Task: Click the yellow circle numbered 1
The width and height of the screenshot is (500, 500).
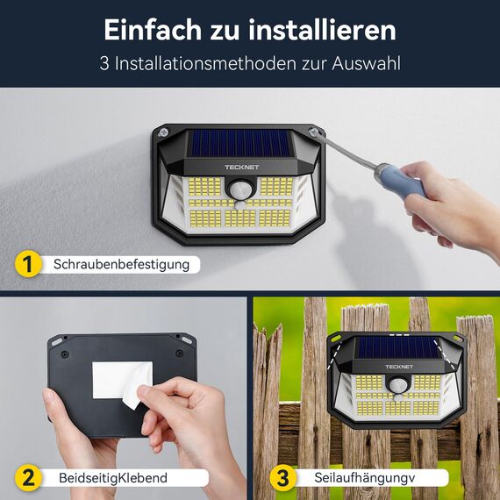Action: click(x=28, y=263)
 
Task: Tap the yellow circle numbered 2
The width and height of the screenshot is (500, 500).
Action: click(x=28, y=478)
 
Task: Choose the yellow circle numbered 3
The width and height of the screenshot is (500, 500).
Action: click(x=282, y=478)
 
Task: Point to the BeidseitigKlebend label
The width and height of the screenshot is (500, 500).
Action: click(x=112, y=478)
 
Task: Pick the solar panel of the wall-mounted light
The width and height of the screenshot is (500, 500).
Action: click(x=239, y=143)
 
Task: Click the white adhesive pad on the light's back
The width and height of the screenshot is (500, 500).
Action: click(x=122, y=379)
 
